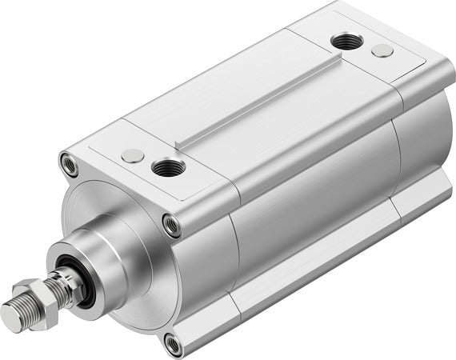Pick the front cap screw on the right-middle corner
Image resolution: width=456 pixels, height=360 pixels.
(x=170, y=225)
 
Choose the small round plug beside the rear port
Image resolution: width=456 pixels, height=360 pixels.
(x=382, y=50)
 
